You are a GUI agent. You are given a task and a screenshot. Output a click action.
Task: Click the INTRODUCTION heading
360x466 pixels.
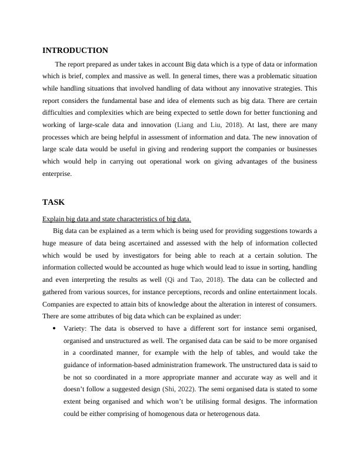pos(75,51)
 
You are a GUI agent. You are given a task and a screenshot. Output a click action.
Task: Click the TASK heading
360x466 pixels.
pos(54,202)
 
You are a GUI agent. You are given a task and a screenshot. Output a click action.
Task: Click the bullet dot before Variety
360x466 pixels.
pos(54,328)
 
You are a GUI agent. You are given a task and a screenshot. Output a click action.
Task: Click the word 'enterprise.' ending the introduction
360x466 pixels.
pos(57,174)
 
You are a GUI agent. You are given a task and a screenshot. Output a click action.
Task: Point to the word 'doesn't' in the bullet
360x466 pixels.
pos(76,389)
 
